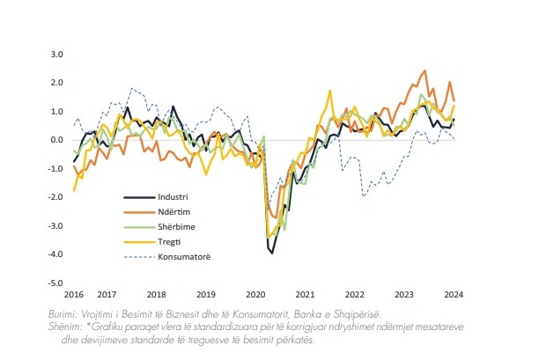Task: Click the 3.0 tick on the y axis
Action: coord(57,54)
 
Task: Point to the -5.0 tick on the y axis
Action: coord(56,283)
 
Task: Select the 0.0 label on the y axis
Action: coord(57,140)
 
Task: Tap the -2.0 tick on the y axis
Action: coord(56,197)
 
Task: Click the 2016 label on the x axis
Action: coord(73,294)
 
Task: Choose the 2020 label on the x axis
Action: coord(255,294)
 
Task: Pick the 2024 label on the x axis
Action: coord(454,294)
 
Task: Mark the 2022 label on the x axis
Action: coord(354,294)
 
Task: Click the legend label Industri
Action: coord(177,195)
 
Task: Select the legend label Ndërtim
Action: coord(177,211)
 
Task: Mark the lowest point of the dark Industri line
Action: coord(272,253)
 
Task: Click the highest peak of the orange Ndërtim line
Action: coord(425,71)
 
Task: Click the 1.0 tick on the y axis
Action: coord(57,111)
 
